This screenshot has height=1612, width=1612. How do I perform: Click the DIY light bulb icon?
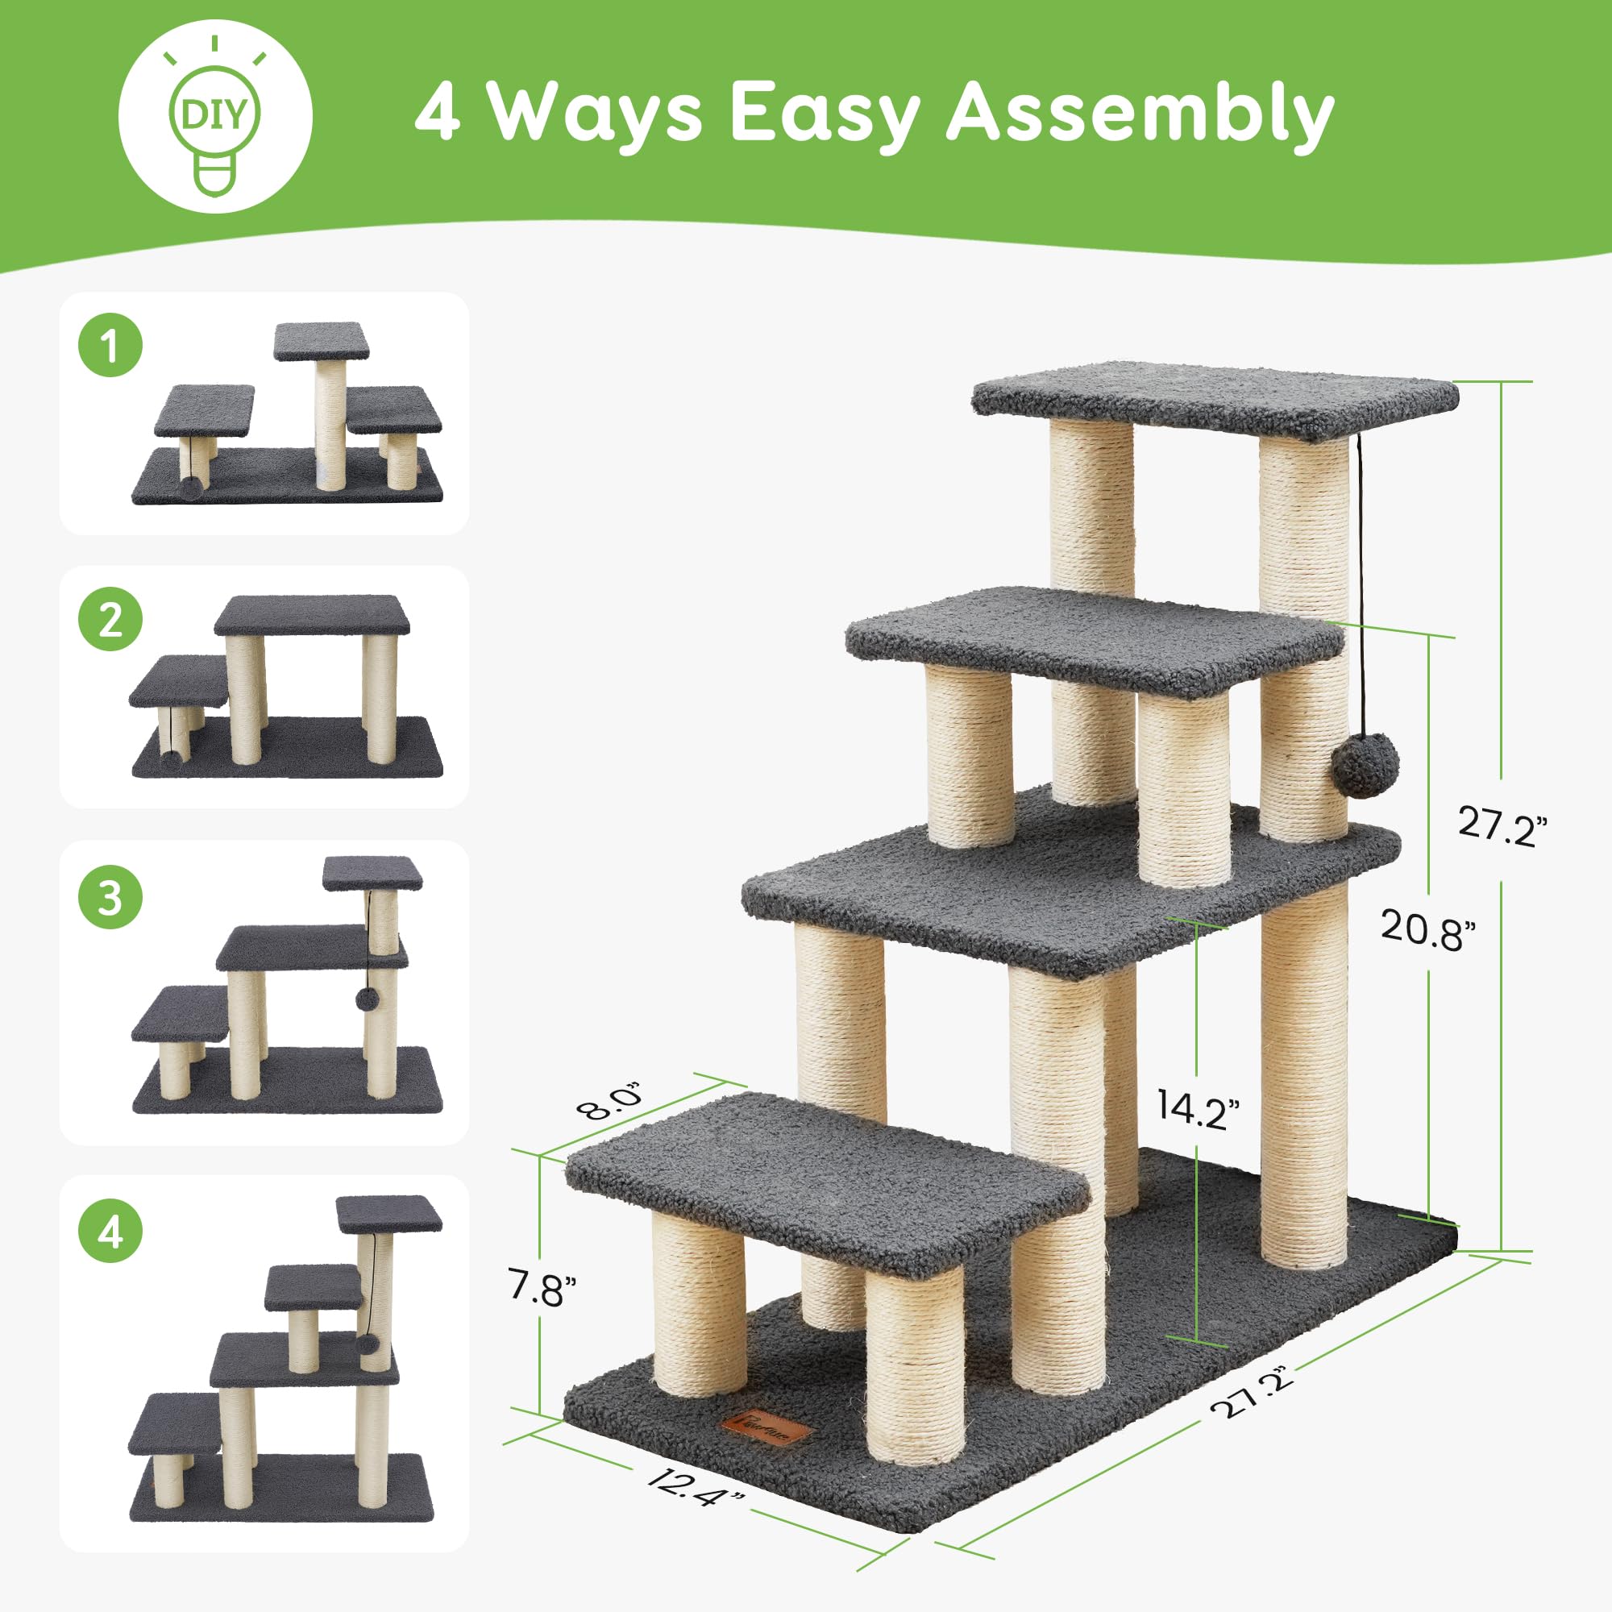point(215,117)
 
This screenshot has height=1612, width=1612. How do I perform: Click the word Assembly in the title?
point(1140,114)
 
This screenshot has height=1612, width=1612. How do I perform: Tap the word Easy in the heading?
point(825,114)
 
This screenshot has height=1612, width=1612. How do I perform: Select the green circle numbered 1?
point(111,345)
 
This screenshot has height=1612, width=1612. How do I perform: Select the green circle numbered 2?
point(111,620)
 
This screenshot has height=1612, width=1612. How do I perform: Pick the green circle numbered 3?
point(111,898)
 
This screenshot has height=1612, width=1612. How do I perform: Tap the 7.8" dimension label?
point(542,1288)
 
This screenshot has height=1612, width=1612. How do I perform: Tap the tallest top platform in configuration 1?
point(322,339)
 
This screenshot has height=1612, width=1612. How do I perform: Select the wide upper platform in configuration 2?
point(311,615)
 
